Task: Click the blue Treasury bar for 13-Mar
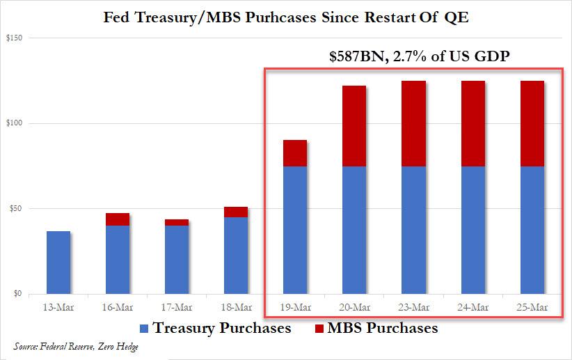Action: coord(58,262)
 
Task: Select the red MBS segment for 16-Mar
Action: coord(118,219)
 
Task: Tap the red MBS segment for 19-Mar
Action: coord(295,153)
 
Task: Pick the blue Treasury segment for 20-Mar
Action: coord(354,230)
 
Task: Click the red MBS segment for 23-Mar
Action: coord(413,124)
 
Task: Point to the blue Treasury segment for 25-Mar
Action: coord(532,230)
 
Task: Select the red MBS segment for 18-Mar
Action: coord(236,212)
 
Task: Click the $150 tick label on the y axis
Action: coord(13,38)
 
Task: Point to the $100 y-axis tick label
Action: coord(13,123)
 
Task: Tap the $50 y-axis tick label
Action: coord(14,209)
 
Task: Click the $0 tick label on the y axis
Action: coord(16,294)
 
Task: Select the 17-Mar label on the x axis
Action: coord(177,307)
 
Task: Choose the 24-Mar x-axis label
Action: coord(473,307)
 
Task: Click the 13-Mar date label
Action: coord(58,307)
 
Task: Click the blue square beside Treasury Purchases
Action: coord(145,327)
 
